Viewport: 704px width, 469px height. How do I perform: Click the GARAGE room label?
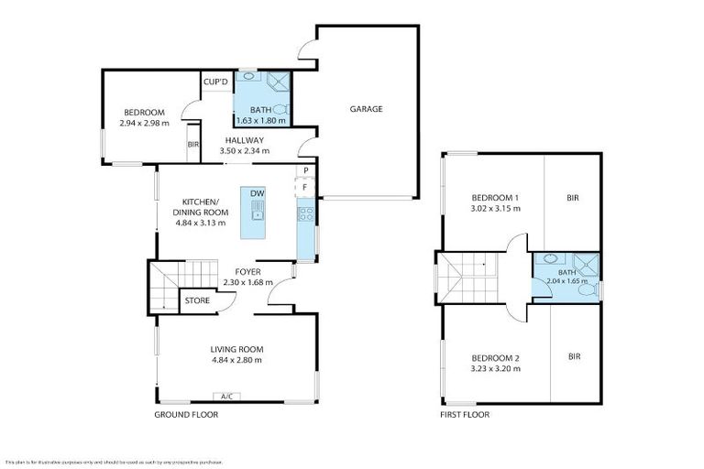click(x=366, y=109)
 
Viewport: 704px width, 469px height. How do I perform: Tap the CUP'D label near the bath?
click(x=215, y=83)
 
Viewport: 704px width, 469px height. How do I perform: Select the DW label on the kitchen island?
click(x=257, y=193)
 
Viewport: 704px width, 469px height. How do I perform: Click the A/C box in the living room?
click(x=226, y=397)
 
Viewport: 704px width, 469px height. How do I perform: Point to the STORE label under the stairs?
click(x=196, y=300)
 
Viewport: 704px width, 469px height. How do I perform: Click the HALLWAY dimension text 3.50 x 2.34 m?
click(x=243, y=152)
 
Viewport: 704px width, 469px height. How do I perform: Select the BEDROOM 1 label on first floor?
click(x=495, y=198)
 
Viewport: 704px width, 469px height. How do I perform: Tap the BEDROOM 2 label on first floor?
click(x=495, y=357)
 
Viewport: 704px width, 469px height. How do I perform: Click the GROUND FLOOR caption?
click(x=187, y=415)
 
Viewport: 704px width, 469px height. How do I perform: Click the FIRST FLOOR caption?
click(x=464, y=415)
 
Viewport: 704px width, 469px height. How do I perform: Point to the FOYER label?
click(x=248, y=272)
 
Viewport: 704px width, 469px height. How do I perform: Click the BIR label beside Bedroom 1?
click(x=573, y=198)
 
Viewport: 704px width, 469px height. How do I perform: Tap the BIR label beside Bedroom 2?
click(x=575, y=356)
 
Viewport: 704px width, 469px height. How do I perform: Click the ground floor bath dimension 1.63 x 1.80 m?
click(x=261, y=120)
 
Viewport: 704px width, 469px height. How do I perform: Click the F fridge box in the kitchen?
click(x=304, y=186)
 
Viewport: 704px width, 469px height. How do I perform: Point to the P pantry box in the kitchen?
click(x=304, y=171)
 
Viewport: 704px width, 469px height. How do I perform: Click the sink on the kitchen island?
click(x=258, y=215)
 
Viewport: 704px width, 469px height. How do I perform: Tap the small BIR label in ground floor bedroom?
click(x=192, y=145)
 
